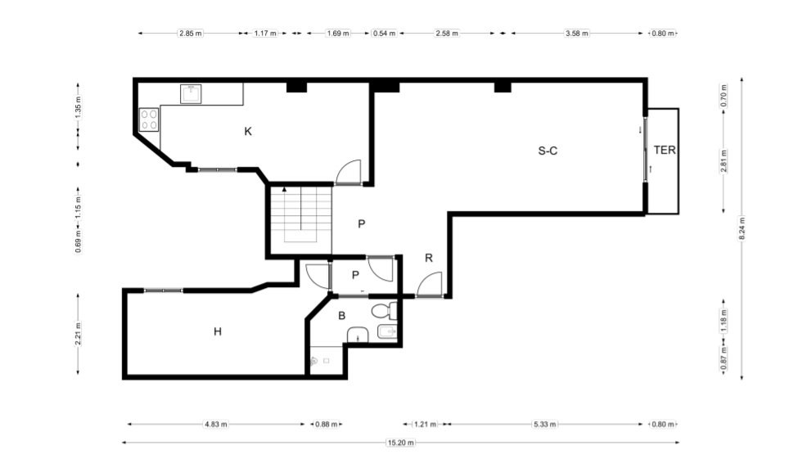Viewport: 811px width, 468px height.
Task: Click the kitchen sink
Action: tap(191, 93)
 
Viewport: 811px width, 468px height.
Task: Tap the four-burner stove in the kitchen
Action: tap(149, 119)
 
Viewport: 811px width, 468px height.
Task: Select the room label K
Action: tap(248, 132)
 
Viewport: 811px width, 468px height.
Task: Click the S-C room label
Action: tap(547, 151)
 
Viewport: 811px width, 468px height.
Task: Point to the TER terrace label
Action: tap(665, 150)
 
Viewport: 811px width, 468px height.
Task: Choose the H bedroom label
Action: tap(218, 331)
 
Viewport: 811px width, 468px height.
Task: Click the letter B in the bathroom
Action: tap(342, 316)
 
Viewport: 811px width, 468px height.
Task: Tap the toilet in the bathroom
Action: tap(385, 311)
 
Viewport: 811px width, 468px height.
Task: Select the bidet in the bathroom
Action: tap(387, 331)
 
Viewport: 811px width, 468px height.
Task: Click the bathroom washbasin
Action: tap(358, 335)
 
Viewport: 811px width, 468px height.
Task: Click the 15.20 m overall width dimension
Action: tap(401, 443)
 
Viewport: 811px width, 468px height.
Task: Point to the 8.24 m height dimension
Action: tap(741, 228)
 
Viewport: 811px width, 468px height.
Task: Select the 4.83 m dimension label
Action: tap(216, 425)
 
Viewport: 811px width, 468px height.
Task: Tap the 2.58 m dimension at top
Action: tap(447, 34)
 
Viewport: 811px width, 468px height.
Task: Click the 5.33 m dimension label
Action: tap(545, 425)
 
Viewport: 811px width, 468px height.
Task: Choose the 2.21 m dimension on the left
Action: tap(78, 334)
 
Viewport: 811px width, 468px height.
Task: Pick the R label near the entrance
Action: tap(429, 258)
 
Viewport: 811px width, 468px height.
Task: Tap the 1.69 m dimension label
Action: tap(338, 34)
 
